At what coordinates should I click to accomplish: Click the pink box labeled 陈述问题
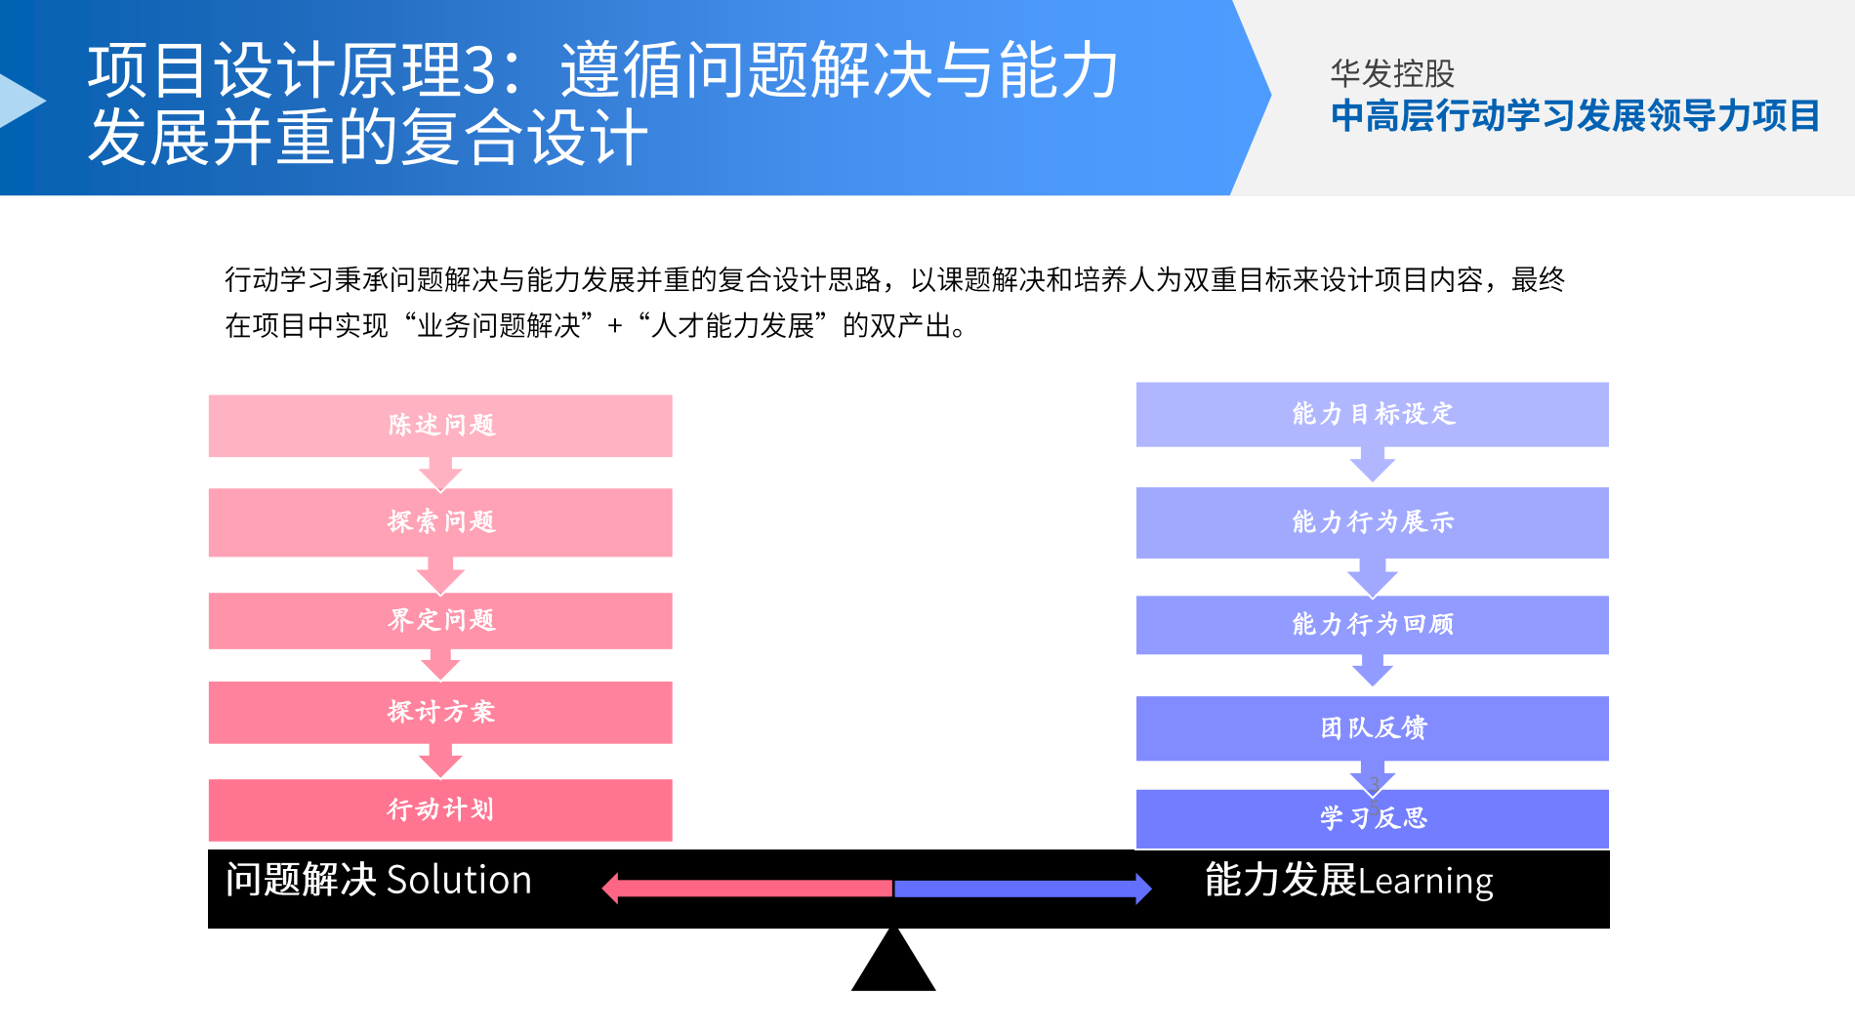click(440, 426)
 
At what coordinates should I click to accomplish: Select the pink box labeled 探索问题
click(440, 522)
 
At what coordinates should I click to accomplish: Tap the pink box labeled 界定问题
click(440, 621)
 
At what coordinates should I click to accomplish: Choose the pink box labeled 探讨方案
click(440, 713)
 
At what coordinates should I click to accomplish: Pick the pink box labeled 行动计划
click(440, 810)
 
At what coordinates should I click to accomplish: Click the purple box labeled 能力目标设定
click(1372, 415)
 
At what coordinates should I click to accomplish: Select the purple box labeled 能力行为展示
click(1372, 523)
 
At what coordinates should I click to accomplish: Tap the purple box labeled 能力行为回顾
click(1372, 625)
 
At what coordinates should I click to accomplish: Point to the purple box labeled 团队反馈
click(1372, 728)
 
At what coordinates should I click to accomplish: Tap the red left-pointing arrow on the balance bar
click(747, 889)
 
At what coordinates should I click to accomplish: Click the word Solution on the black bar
click(459, 881)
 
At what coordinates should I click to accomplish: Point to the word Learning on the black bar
click(1425, 882)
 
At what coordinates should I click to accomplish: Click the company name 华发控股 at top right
click(1392, 73)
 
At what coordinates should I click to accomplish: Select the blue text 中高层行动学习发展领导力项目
click(1575, 116)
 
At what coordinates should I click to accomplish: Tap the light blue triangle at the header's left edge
click(20, 101)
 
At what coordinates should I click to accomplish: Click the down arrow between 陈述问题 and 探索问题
click(440, 474)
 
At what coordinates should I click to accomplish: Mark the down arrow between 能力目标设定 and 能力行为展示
click(1372, 466)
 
